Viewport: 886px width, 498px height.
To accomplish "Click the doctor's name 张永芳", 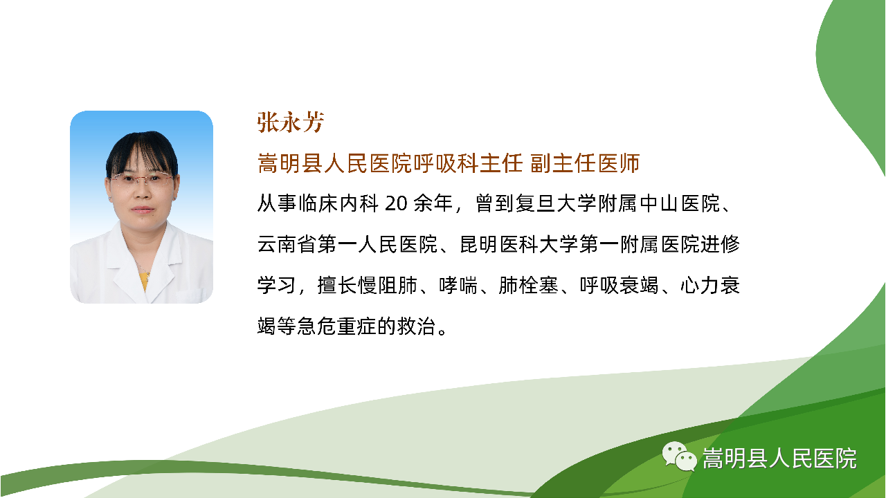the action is point(291,122).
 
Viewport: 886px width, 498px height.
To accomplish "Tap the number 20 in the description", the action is point(396,203).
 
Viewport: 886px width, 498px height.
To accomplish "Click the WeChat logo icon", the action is point(679,456).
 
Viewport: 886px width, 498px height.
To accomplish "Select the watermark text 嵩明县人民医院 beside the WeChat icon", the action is point(779,459).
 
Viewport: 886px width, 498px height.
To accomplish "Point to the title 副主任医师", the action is point(585,163).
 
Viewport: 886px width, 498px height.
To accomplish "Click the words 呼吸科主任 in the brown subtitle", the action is point(468,163).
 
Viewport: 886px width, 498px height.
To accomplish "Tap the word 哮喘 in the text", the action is point(458,285).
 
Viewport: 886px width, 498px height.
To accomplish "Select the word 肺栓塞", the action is point(528,285).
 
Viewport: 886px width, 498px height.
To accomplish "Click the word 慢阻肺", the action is point(387,285).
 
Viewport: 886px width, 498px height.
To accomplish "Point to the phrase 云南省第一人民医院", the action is point(347,244).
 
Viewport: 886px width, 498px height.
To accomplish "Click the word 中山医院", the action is point(680,203).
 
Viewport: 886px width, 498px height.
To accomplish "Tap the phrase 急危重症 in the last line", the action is point(336,326).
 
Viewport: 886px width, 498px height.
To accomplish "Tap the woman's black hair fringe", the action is point(142,152).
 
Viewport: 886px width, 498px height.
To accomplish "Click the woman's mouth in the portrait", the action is point(142,209).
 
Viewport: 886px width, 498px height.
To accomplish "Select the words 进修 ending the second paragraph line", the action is point(720,244).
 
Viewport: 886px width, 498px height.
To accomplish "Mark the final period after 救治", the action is point(442,331).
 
